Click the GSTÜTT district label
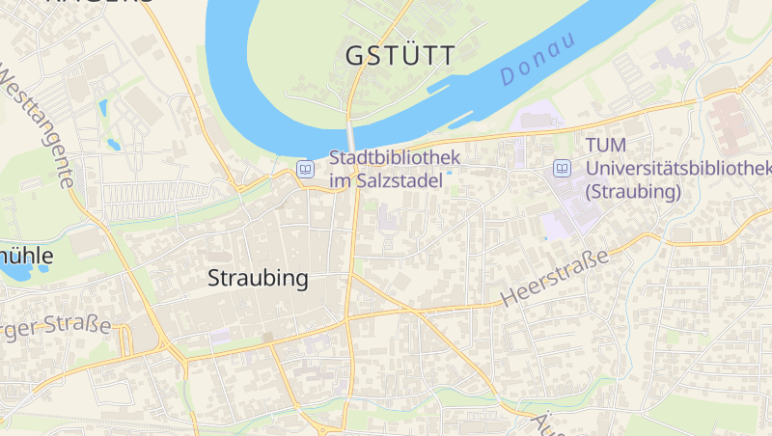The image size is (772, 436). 400,56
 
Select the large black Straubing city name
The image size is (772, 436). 259,279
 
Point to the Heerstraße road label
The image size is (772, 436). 556,277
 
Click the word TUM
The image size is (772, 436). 605,146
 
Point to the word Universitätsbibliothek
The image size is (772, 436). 678,169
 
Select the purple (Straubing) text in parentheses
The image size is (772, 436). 633,191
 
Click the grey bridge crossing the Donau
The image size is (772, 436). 351,133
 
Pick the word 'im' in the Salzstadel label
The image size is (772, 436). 342,180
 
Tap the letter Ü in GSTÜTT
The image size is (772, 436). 413,56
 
